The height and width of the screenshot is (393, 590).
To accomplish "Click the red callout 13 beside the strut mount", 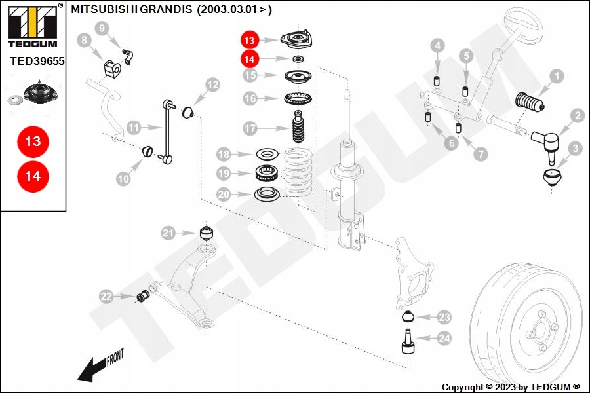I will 250,40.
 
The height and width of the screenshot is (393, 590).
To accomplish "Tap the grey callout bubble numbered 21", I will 169,233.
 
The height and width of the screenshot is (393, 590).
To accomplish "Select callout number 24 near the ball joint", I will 445,339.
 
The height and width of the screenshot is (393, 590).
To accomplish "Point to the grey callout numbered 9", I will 102,28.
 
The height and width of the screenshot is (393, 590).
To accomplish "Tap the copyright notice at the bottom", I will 511,387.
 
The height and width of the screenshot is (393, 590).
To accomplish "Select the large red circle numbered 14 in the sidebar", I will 33,176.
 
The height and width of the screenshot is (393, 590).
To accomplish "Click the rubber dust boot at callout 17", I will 298,130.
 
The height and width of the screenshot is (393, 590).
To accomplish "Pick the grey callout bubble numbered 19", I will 224,174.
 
